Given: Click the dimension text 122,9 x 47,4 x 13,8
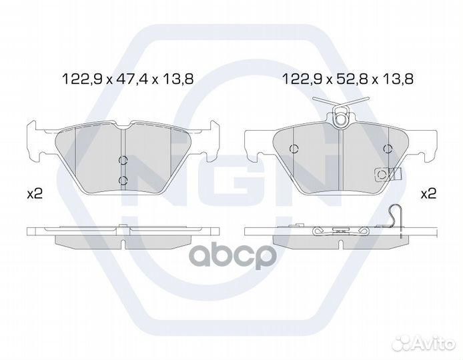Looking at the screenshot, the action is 127,79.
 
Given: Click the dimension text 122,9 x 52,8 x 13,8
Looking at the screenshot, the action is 348,79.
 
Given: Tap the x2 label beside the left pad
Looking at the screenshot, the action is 35,194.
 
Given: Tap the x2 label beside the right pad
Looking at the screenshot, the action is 428,194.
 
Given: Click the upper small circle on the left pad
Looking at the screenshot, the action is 123,160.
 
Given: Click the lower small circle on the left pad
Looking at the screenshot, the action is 123,180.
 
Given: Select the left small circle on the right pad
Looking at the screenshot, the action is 294,149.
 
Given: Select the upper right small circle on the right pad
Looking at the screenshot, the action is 388,149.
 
